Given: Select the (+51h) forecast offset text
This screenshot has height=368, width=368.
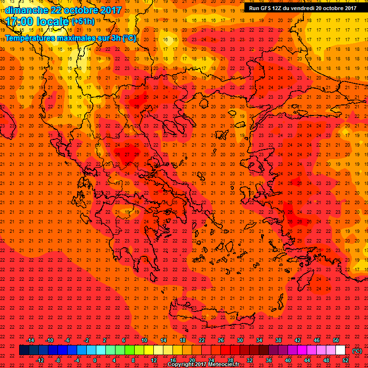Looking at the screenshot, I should (83, 22).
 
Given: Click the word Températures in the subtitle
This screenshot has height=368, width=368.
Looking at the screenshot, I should (31, 38).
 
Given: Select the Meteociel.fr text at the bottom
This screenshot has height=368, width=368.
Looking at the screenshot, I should (225, 365).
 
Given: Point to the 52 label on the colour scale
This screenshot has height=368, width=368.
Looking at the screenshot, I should (345, 360).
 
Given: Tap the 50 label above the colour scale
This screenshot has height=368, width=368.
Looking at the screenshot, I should (336, 340).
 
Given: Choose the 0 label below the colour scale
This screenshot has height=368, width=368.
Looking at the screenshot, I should (95, 360).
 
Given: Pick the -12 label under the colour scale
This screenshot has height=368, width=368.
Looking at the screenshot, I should (40, 360).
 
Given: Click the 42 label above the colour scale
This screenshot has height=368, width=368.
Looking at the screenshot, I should (297, 340).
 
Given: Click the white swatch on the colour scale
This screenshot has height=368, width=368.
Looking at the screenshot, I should (340, 350).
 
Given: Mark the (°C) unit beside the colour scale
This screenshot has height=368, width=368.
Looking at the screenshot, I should (357, 350).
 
